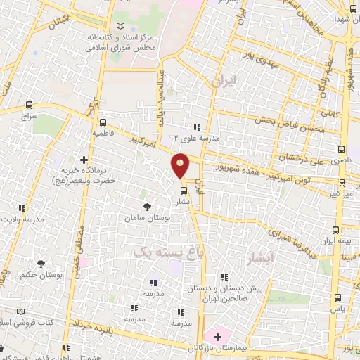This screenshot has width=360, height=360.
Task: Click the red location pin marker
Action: pyautogui.click(x=181, y=165)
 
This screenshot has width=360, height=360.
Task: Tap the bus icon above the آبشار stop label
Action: pyautogui.click(x=184, y=190)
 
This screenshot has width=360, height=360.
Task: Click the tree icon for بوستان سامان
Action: pyautogui.click(x=147, y=207)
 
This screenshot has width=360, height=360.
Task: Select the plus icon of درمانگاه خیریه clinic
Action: pyautogui.click(x=84, y=160)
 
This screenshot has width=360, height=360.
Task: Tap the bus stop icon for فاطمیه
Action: pyautogui.click(x=98, y=119)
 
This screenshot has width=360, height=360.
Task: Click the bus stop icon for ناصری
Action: pyautogui.click(x=342, y=149)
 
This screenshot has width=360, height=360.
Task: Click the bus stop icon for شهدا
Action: pyautogui.click(x=350, y=9)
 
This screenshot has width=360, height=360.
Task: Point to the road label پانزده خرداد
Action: pyautogui.click(x=91, y=323)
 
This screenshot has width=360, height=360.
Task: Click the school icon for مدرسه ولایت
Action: pyautogui.click(x=22, y=208)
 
